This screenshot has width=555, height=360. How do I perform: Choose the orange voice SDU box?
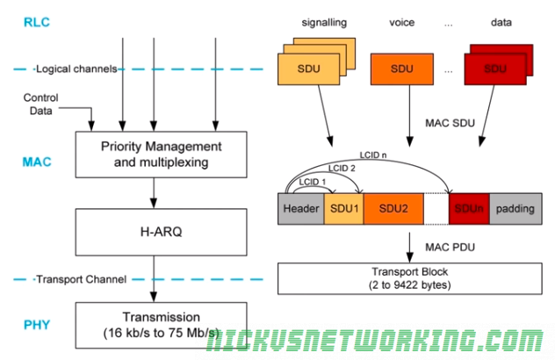[400, 68]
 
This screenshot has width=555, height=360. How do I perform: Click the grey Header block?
[301, 210]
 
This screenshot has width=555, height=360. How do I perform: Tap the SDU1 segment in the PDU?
[343, 210]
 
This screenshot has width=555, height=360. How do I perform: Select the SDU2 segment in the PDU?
[393, 210]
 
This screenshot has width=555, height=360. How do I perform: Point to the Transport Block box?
[408, 277]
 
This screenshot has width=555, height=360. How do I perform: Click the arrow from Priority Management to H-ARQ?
[155, 186]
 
